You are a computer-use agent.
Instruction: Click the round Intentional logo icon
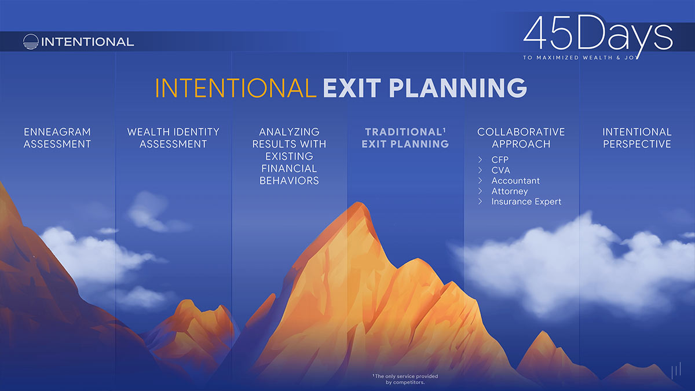[31, 42]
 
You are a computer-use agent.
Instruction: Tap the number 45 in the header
[548, 33]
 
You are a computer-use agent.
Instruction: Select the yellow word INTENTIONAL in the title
[236, 88]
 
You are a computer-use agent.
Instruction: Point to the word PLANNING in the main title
[458, 88]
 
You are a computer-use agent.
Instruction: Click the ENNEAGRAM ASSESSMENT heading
[57, 138]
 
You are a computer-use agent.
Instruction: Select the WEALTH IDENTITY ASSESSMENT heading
[173, 138]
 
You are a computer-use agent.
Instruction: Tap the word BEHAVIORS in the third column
[289, 181]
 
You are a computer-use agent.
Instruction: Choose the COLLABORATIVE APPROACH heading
[521, 138]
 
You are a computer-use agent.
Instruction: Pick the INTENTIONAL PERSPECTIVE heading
[637, 138]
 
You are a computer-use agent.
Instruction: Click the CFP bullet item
[500, 159]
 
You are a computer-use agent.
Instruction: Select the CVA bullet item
[500, 170]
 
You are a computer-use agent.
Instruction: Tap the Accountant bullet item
[515, 181]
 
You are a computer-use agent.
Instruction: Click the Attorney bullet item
[510, 191]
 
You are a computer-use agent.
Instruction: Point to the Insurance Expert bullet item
[526, 202]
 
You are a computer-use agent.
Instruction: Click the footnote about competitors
[405, 379]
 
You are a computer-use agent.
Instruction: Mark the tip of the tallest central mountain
[359, 202]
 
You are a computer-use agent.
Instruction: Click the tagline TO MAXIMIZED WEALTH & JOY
[580, 58]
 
